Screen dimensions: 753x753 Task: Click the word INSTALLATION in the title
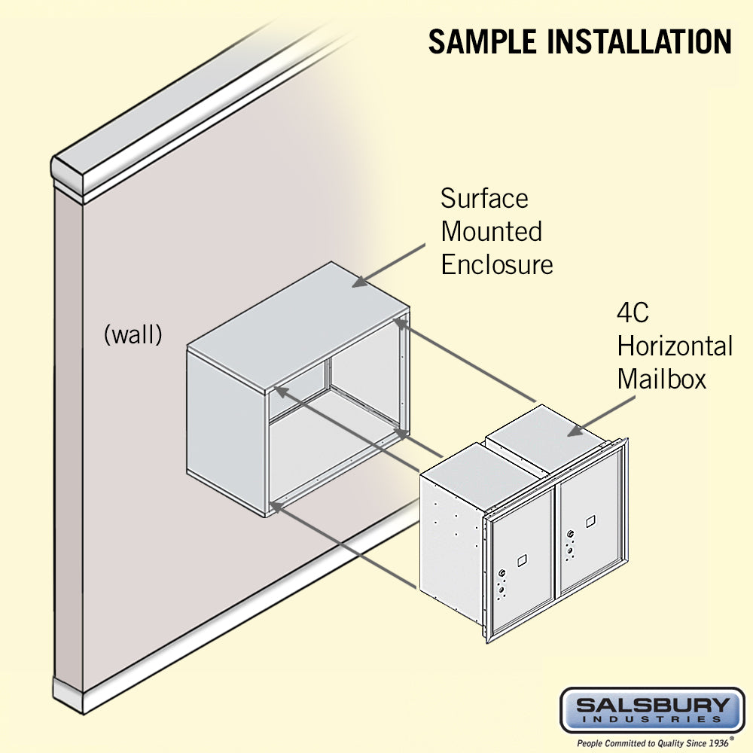640,41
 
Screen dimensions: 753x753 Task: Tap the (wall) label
133,334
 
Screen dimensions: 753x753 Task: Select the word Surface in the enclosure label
484,199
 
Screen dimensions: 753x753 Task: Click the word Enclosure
497,264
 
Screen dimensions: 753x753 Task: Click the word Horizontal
675,346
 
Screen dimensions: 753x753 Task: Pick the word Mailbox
662,379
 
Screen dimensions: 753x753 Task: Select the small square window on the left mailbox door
520,559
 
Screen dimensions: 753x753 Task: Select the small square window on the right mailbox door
590,520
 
